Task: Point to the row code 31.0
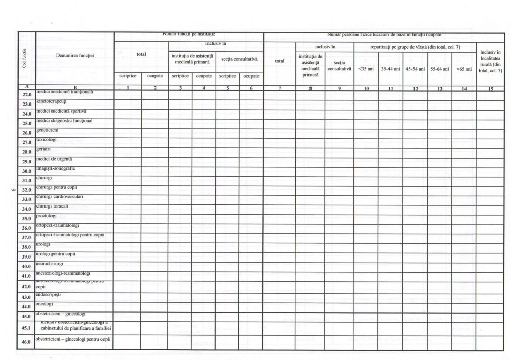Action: (27, 180)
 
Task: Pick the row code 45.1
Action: (27, 328)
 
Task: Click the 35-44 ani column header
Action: (390, 68)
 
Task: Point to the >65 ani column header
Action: (463, 68)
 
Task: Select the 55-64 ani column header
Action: (439, 68)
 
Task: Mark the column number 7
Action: (279, 89)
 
